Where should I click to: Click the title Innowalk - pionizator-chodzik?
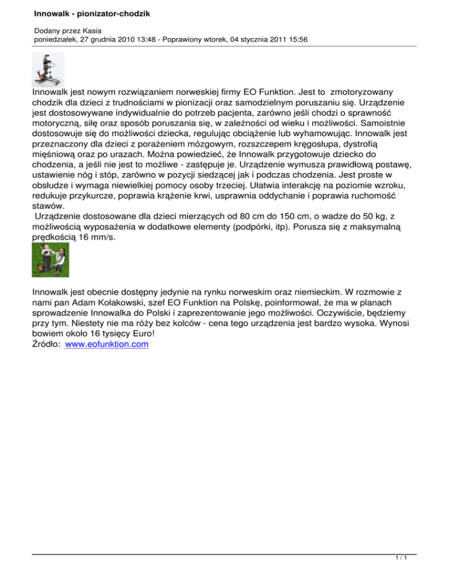(85, 13)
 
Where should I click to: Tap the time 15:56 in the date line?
(296, 40)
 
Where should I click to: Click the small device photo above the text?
(48, 70)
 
